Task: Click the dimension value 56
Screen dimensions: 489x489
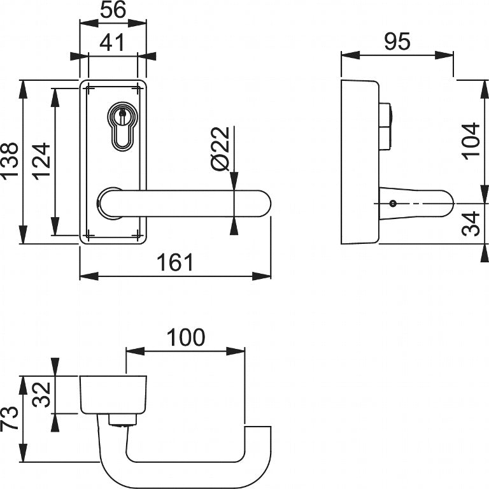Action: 113,11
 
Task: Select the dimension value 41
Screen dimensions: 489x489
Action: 113,43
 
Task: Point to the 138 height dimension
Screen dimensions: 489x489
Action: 11,162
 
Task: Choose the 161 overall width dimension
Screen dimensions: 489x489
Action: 174,262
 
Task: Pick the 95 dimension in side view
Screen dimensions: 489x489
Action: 397,42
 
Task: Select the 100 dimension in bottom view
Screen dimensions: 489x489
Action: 186,337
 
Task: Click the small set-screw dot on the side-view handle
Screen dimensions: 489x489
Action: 393,204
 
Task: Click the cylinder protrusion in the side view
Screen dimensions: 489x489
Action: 386,125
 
